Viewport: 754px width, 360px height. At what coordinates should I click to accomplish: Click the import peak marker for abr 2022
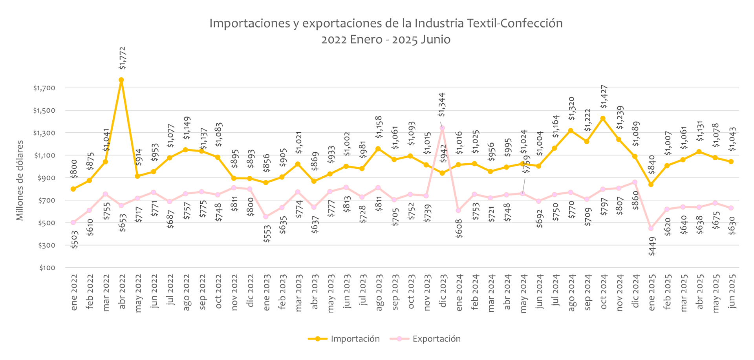(x=121, y=80)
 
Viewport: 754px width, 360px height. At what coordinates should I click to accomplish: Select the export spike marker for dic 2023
(x=442, y=128)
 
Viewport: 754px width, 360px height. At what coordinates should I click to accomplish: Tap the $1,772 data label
(x=123, y=58)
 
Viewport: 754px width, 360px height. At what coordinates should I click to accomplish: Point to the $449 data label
(x=652, y=246)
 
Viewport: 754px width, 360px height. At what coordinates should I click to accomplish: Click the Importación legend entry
(x=344, y=339)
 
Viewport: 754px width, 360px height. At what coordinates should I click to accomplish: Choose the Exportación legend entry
(x=425, y=339)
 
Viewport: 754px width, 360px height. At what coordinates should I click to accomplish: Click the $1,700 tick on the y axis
(x=44, y=88)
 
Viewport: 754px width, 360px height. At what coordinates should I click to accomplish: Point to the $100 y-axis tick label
(x=47, y=268)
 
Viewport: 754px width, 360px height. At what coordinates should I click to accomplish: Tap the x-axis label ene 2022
(x=74, y=292)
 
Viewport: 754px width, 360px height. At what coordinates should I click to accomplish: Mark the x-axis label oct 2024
(x=604, y=292)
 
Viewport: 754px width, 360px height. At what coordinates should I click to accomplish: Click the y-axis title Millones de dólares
(x=20, y=180)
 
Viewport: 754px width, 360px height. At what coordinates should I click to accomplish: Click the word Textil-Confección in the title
(x=514, y=23)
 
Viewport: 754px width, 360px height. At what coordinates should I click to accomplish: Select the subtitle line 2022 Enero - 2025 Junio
(x=386, y=40)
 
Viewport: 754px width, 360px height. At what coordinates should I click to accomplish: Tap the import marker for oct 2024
(x=603, y=119)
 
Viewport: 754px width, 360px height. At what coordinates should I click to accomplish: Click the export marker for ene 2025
(x=651, y=228)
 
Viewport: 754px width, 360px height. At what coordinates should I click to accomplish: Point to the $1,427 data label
(x=604, y=97)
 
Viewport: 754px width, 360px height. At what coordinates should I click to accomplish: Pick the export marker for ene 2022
(x=73, y=223)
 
